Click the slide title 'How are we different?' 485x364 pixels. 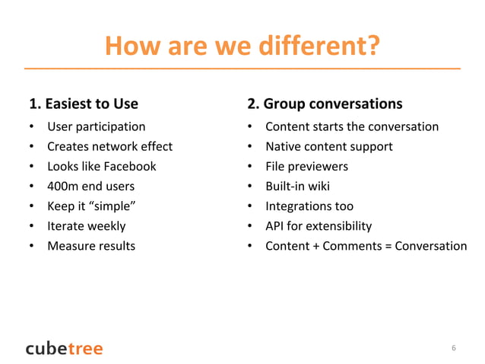tap(242, 47)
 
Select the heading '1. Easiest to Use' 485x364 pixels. tap(84, 104)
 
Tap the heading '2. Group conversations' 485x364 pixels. tap(325, 104)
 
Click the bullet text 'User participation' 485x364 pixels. tap(97, 126)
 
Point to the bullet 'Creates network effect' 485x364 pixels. tap(109, 146)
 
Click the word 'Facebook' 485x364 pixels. tap(132, 166)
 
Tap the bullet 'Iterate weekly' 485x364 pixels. tap(87, 225)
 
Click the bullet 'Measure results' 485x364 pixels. tap(91, 245)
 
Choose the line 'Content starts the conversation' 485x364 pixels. tap(351, 126)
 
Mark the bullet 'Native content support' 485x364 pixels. tap(328, 146)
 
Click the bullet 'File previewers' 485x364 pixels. tap(306, 166)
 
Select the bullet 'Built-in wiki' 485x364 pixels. tap(297, 186)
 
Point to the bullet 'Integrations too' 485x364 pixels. tap(309, 206)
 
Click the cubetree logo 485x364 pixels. tap(64, 348)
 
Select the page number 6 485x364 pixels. tap(454, 348)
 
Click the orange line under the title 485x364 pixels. tap(242, 69)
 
